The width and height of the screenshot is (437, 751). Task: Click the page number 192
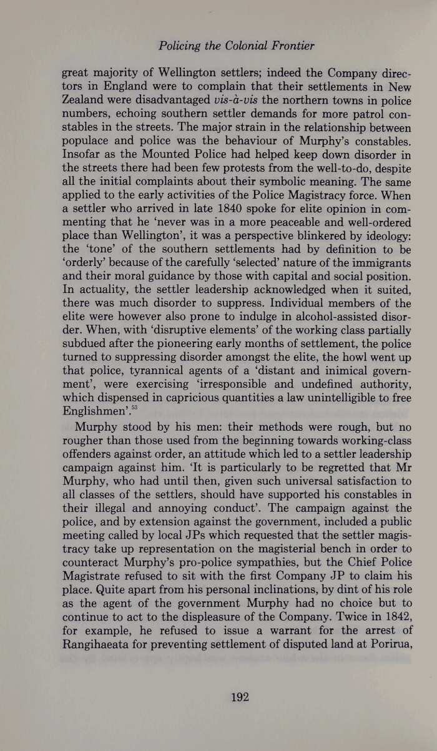[x=240, y=697]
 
